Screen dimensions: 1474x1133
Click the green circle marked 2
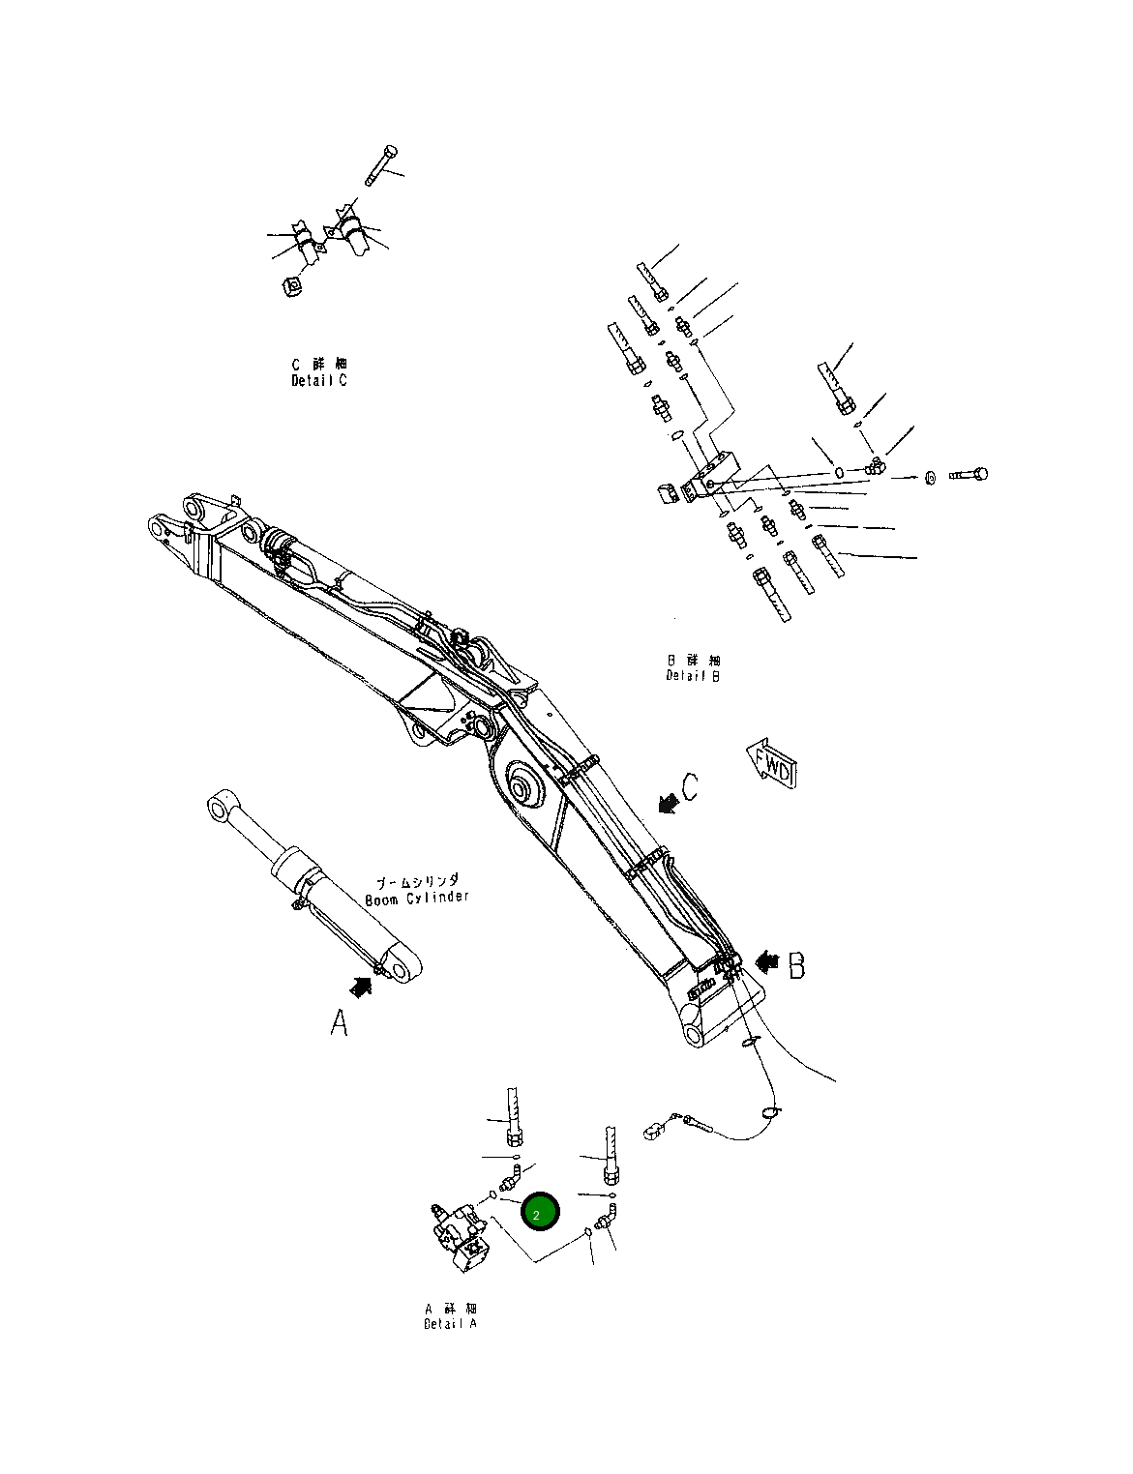pyautogui.click(x=540, y=1212)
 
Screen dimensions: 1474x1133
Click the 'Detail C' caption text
pyautogui.click(x=319, y=373)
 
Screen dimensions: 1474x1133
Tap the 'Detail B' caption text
pyautogui.click(x=693, y=668)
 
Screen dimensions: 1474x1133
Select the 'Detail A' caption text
pyautogui.click(x=450, y=1316)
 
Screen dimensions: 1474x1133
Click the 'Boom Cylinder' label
pyautogui.click(x=417, y=891)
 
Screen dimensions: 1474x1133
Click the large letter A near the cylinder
pyautogui.click(x=339, y=1022)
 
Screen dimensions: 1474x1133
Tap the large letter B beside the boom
pyautogui.click(x=795, y=965)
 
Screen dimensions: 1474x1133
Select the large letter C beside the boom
pyautogui.click(x=689, y=787)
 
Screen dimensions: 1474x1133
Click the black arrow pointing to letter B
pyautogui.click(x=767, y=961)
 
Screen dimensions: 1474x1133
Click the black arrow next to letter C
pyautogui.click(x=666, y=802)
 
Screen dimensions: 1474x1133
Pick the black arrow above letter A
pyautogui.click(x=361, y=987)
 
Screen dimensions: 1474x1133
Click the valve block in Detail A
pyautogui.click(x=462, y=1238)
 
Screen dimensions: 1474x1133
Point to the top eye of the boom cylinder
pyautogui.click(x=221, y=807)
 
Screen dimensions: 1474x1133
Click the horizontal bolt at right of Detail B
pyautogui.click(x=969, y=475)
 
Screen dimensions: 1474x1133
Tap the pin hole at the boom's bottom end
pyautogui.click(x=694, y=1035)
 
